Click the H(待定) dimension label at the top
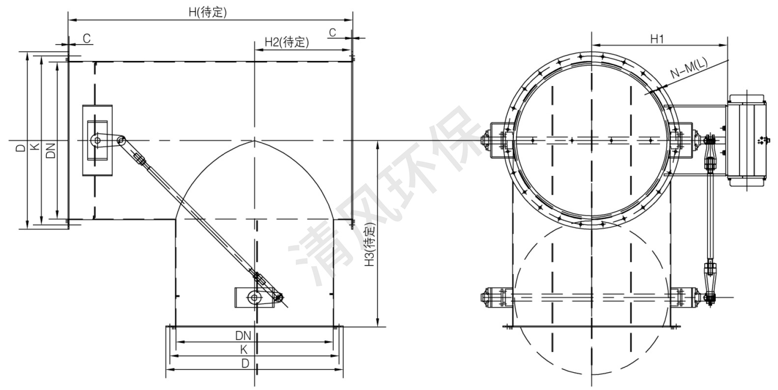(x=208, y=12)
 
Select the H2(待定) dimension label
(x=286, y=42)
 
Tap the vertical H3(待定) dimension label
(x=369, y=246)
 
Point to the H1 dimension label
(x=657, y=39)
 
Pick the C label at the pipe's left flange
(x=87, y=38)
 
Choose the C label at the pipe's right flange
(x=333, y=32)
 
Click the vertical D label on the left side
(x=21, y=148)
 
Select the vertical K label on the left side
(x=35, y=147)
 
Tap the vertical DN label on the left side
(x=51, y=151)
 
